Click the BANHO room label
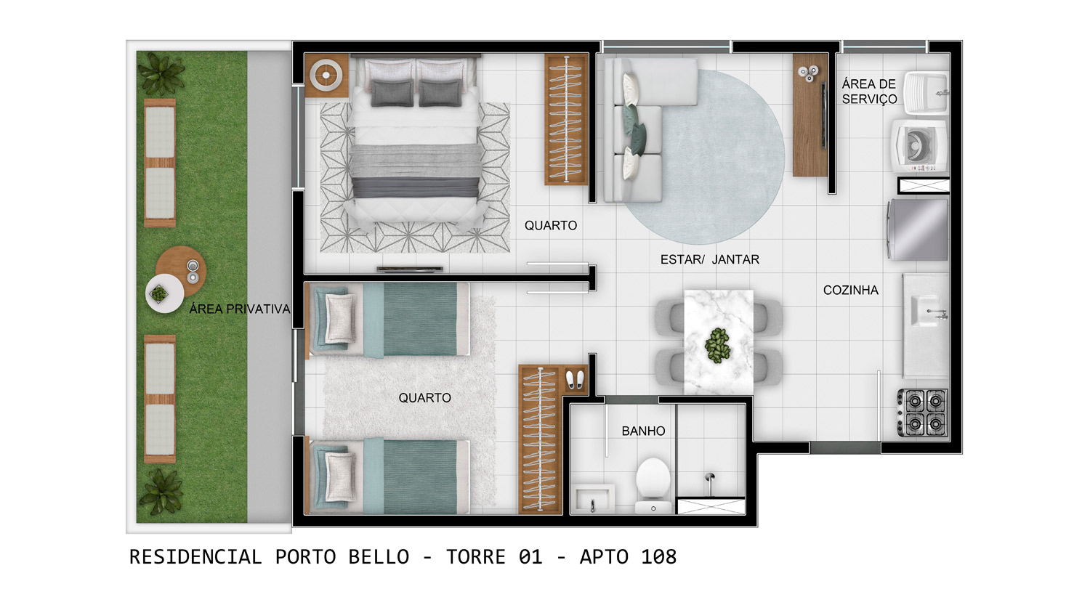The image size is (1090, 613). pos(643,431)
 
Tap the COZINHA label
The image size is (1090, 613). pos(850,290)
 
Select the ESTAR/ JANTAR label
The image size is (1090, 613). pos(709,259)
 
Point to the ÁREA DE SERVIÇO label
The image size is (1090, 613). pos(869,92)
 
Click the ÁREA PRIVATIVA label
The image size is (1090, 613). pos(239,309)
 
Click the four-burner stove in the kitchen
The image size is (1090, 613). pos(924,412)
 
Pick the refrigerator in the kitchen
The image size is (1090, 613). pos(918,230)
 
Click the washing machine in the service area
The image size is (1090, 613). pos(919,146)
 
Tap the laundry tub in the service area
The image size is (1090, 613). pos(926,93)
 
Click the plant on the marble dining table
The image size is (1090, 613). pos(718,345)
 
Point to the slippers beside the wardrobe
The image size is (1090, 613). pos(574,380)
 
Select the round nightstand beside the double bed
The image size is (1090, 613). pos(326,75)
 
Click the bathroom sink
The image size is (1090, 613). pos(592,500)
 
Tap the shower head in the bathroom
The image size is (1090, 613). pos(709,479)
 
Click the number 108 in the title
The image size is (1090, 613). pos(658,557)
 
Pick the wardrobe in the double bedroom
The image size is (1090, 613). pos(565,119)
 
